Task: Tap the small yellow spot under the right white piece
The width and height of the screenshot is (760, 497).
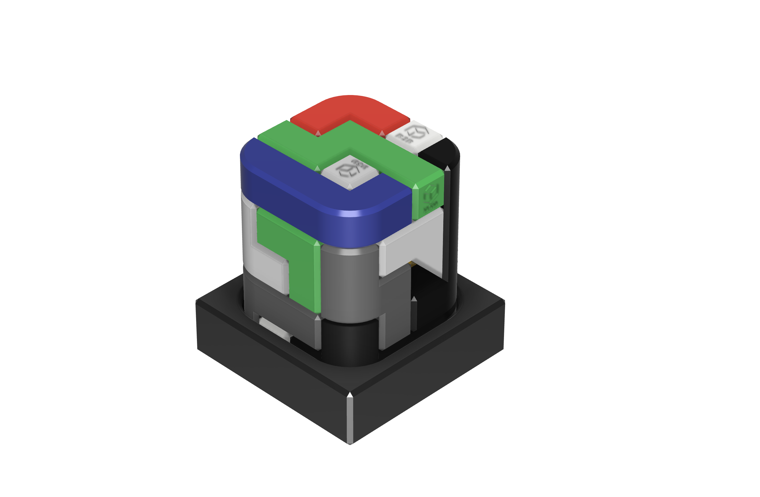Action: coord(412,264)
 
